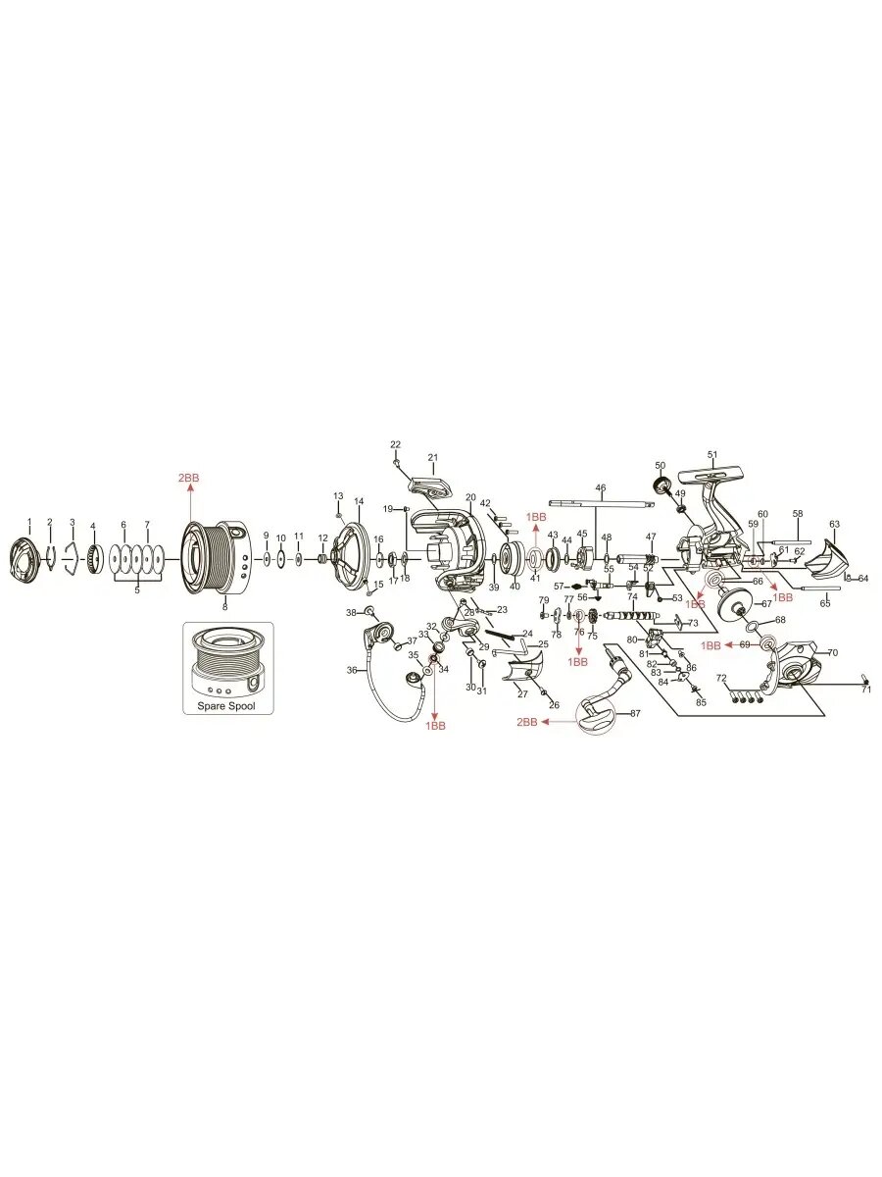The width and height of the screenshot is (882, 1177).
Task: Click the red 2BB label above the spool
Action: (188, 478)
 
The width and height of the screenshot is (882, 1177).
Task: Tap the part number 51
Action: (712, 454)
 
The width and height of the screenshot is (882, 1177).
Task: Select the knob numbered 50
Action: (662, 485)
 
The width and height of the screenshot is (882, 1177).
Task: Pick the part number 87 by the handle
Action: (635, 713)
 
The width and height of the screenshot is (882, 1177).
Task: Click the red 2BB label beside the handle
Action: (527, 722)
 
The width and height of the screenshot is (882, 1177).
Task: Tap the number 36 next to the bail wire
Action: (352, 670)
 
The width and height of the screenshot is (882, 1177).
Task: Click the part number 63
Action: (834, 525)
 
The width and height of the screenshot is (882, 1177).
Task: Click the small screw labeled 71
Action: (866, 681)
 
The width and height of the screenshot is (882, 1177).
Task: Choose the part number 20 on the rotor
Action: (470, 497)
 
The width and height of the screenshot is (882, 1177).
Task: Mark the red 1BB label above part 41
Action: (536, 516)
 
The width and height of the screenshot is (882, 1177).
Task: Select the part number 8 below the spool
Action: (224, 607)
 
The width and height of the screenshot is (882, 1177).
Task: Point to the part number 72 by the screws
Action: (721, 678)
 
